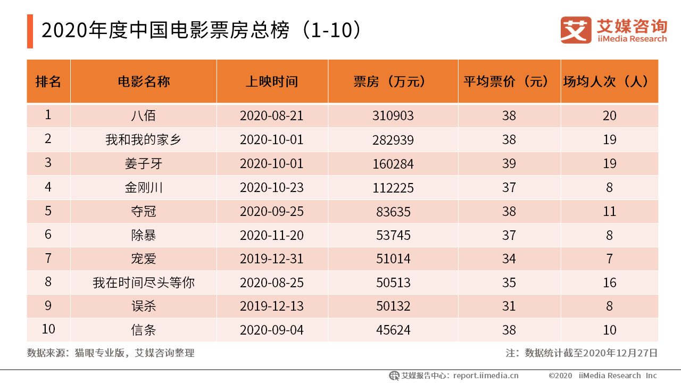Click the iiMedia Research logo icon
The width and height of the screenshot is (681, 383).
pos(576,30)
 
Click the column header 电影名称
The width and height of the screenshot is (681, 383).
pos(144,81)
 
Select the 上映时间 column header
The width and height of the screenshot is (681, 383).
pos(272,81)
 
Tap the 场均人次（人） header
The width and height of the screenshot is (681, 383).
pos(609,81)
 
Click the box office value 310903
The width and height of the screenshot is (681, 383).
pos(393,115)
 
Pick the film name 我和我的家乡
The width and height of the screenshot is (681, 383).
pos(144,140)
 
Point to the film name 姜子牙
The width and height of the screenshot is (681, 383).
pos(144,163)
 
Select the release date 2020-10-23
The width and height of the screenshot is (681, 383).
pos(272,187)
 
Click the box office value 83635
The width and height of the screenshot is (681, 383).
pos(393,211)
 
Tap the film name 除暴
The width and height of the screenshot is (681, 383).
pos(144,235)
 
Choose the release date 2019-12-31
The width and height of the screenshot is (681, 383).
pos(272,259)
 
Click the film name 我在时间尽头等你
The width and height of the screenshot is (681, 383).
pos(144,282)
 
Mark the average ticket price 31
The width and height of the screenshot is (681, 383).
pos(509,306)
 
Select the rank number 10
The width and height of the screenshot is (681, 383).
pos(48,329)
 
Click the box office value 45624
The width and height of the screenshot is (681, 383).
pos(393,330)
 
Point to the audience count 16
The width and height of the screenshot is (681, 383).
pos(609,282)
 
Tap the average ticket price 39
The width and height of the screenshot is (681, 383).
pos(509,163)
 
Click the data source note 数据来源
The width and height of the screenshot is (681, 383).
pos(111,353)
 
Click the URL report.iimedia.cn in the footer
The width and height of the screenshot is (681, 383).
pos(486,376)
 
